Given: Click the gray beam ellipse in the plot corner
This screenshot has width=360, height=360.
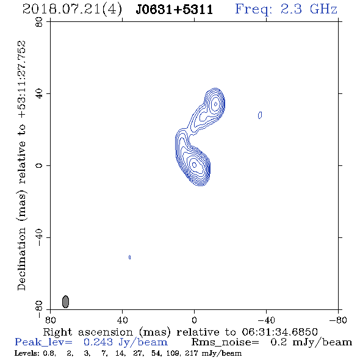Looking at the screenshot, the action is [65, 301].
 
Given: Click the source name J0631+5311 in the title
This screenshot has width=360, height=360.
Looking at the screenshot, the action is [175, 10].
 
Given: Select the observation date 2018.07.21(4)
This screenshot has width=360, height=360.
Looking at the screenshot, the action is [72, 10].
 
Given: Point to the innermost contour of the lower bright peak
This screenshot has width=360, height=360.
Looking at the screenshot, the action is [194, 165].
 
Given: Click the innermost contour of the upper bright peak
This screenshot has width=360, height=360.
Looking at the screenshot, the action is [215, 104].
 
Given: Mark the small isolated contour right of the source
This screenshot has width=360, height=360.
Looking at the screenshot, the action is [260, 115].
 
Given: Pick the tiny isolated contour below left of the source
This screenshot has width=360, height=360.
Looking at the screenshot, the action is [130, 257].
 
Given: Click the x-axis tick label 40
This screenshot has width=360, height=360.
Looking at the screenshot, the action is [122, 320].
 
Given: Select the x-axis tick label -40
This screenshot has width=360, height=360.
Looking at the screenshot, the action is [266, 320].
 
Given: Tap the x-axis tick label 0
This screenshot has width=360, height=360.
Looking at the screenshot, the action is [194, 320].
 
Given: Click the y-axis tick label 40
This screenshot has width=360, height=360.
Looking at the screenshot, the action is [39, 94].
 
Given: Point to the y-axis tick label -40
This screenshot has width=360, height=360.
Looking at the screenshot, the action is [39, 237].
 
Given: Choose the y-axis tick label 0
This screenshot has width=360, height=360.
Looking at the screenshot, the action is [39, 165].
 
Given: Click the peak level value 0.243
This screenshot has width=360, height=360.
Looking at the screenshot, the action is [98, 342].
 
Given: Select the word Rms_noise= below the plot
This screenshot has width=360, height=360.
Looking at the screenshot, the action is [225, 342].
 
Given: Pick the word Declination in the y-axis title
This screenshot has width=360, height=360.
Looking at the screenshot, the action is [21, 259].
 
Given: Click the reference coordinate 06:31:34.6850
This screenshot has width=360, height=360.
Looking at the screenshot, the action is [279, 332].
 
